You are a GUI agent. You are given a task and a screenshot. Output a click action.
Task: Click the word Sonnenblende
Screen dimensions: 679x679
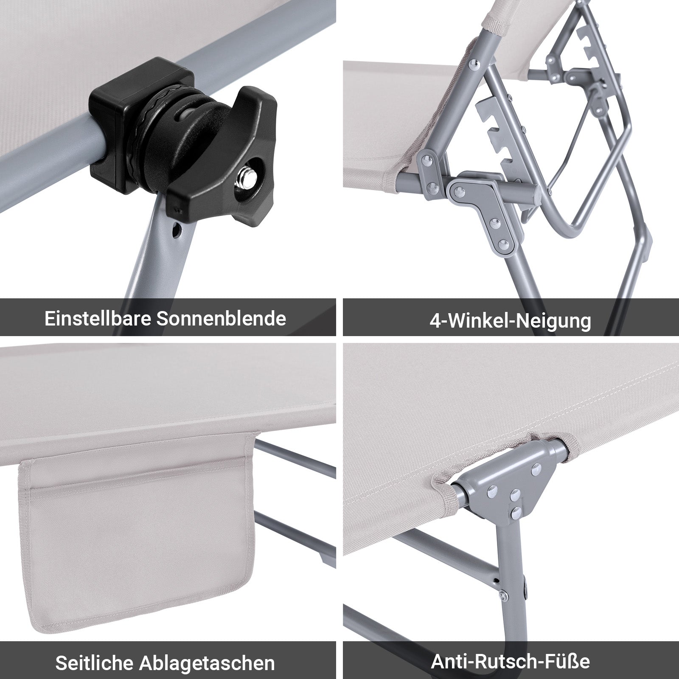(221, 318)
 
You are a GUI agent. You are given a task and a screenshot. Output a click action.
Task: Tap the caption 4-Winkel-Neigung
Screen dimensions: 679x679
(510, 320)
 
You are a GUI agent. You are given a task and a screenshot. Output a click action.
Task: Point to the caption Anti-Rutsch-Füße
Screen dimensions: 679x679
(510, 661)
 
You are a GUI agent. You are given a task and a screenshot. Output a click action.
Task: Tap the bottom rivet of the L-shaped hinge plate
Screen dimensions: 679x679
(504, 244)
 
